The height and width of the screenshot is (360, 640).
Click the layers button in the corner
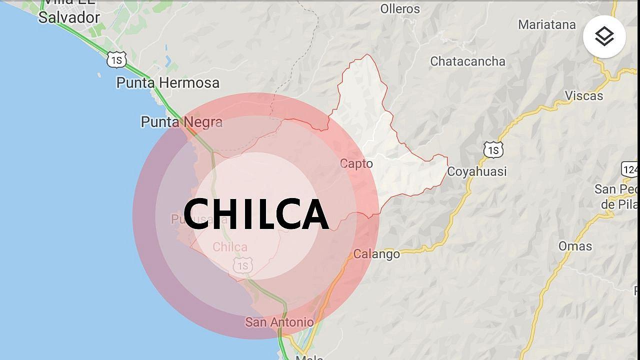point(604,36)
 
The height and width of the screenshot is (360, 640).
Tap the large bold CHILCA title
point(255,214)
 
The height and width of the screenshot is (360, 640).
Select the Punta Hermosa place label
point(167,82)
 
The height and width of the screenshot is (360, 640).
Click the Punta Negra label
point(181,121)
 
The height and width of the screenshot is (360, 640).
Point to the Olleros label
point(400,8)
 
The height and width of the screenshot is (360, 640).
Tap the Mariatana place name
point(546,24)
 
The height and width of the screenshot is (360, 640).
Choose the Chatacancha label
point(467,61)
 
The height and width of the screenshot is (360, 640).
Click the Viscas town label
point(583,95)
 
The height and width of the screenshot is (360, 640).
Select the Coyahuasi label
point(476,171)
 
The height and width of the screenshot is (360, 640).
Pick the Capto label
point(356,163)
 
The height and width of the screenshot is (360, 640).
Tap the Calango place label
point(376,254)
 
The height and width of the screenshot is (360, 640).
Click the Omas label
point(575,246)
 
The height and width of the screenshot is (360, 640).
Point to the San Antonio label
point(279,322)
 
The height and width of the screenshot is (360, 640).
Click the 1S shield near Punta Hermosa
point(116,60)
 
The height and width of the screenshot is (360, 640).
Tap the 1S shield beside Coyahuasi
point(493,149)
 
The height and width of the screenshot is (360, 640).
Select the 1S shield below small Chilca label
point(242,265)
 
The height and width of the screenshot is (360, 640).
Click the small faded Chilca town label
point(230,247)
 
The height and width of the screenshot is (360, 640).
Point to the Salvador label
point(69,17)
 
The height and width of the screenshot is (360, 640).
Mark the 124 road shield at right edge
point(630,169)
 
